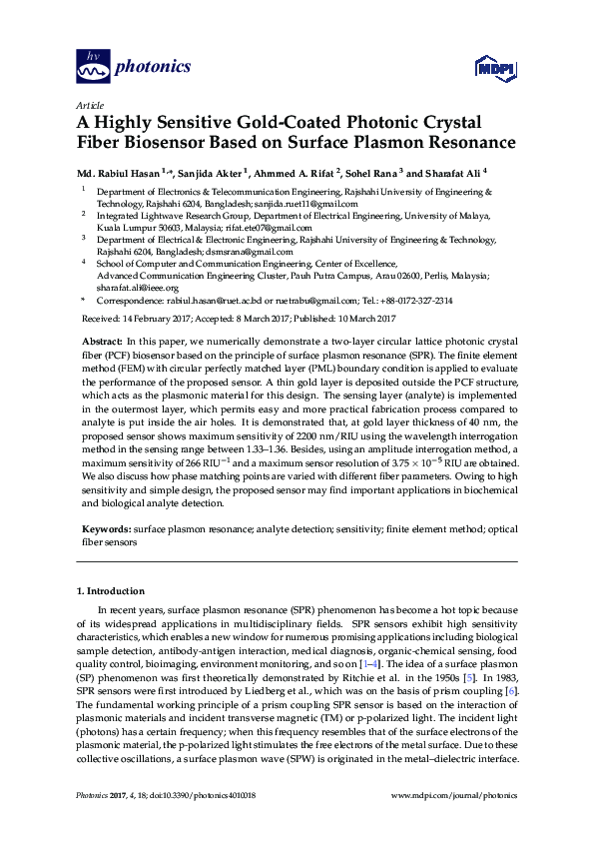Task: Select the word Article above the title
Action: [x=88, y=105]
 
